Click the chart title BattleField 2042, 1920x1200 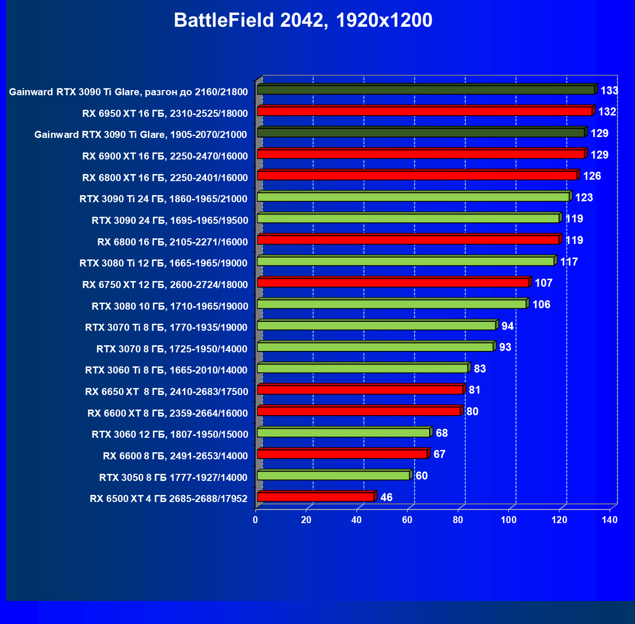(303, 20)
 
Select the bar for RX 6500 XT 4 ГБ (316, 497)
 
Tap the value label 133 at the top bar (609, 91)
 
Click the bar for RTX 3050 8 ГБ (333, 476)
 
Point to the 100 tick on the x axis (508, 519)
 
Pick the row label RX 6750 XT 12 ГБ (165, 285)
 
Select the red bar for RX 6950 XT (425, 111)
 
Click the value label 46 (386, 497)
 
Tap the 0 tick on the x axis (256, 519)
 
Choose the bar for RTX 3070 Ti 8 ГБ (377, 326)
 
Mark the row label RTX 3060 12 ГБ (170, 434)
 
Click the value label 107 (543, 283)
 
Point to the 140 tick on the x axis (610, 519)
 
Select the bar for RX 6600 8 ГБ (342, 454)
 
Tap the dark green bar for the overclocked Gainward (426, 90)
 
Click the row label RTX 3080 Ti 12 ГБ (163, 263)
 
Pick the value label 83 (480, 369)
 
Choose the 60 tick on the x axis (407, 519)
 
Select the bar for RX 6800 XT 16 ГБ (417, 175)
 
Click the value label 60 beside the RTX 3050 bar (421, 476)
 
